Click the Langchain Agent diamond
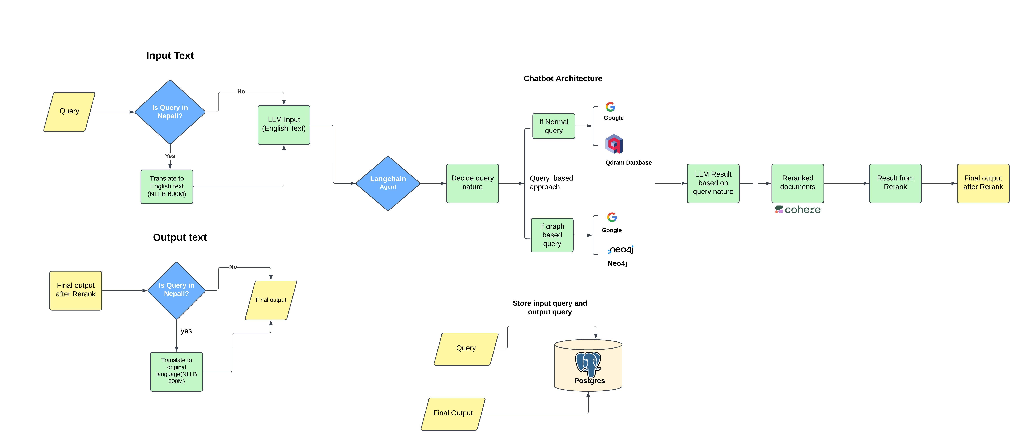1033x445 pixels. [x=388, y=183]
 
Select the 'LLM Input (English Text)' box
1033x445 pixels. [x=283, y=125]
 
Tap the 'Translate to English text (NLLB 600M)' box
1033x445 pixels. [x=166, y=186]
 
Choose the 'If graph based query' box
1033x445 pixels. [x=552, y=235]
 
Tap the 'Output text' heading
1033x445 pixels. [x=180, y=237]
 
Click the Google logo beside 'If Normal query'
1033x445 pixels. [x=610, y=107]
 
